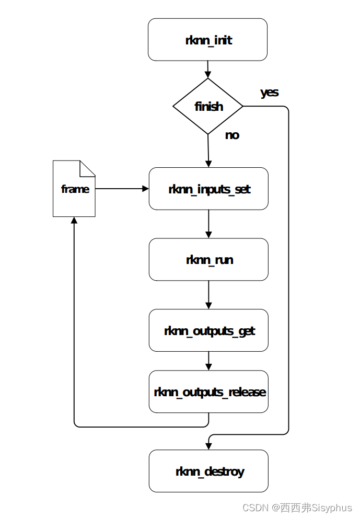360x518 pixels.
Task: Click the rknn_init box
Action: tap(207, 40)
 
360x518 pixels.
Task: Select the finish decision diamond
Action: tap(208, 107)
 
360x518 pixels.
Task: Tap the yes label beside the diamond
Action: tap(269, 93)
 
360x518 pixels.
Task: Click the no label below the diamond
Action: tap(232, 135)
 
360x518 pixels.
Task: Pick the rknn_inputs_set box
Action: tap(208, 189)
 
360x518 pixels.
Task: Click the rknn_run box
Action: tap(208, 259)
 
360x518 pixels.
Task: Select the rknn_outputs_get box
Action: tap(208, 330)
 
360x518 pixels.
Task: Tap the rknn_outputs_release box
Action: tap(208, 392)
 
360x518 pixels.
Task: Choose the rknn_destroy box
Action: tap(208, 471)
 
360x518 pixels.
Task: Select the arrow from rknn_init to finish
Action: tap(208, 69)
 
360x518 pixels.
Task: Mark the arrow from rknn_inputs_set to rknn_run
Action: tap(208, 224)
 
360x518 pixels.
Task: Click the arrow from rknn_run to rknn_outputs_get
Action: tap(208, 295)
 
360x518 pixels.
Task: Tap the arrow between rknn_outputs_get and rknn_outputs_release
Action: tap(208, 361)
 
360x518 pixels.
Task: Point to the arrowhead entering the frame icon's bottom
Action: tap(74, 221)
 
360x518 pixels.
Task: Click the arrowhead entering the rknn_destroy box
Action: tap(208, 446)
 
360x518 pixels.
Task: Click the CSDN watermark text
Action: tap(297, 508)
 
